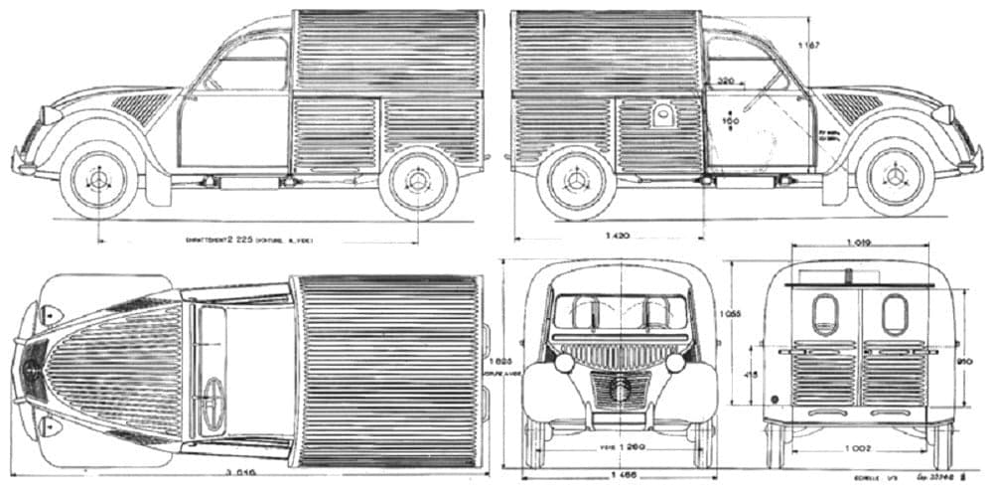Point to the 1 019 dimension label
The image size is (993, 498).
pos(859,242)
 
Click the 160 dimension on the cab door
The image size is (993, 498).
pos(732,120)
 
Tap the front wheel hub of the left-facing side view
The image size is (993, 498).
pos(98,180)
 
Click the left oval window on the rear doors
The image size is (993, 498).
pos(824,314)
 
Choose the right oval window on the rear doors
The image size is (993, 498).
pos(895,314)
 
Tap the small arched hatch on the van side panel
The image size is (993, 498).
pos(662,116)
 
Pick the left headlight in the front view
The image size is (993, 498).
pos(564,363)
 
